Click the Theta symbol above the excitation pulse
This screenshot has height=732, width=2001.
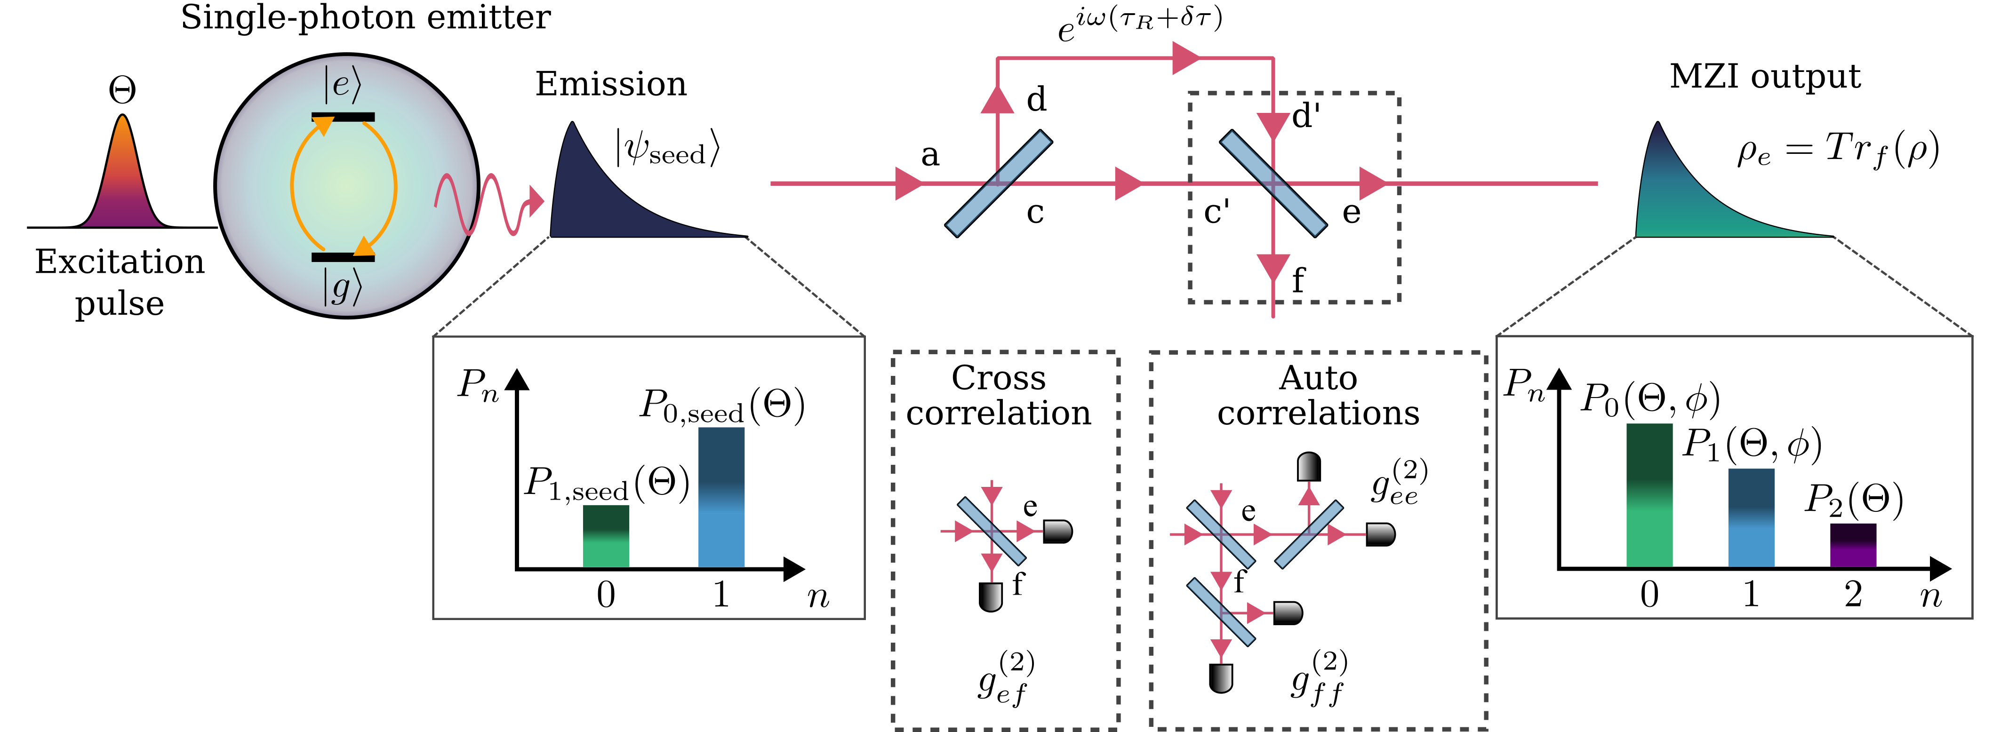pos(122,90)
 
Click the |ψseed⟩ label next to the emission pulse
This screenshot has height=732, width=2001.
pos(668,148)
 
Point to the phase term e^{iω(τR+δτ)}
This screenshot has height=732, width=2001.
pos(1139,24)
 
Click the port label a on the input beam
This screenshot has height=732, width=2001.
pos(930,155)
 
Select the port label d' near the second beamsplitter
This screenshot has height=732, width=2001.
pos(1306,117)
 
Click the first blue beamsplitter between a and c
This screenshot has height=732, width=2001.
pos(998,183)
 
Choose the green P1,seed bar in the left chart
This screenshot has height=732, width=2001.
pos(606,536)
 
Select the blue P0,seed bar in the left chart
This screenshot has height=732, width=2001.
pos(721,497)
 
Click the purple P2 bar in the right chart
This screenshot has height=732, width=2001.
pos(1853,545)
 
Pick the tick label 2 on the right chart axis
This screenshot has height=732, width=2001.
pos(1853,595)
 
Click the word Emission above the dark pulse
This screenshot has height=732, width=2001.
pos(610,84)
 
